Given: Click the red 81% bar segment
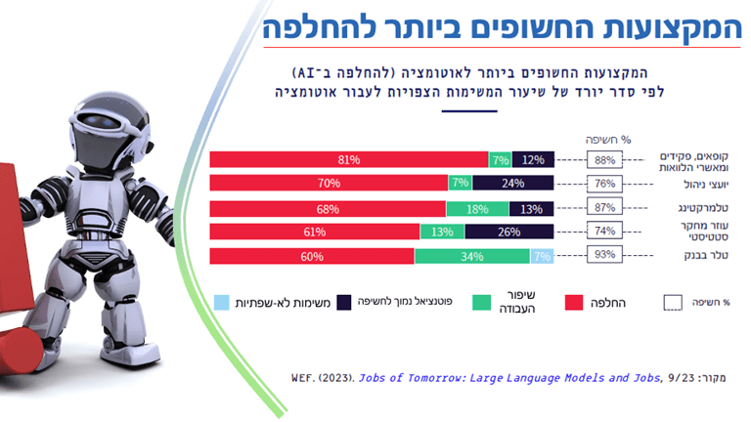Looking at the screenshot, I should [349, 159].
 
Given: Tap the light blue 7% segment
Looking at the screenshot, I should [542, 256].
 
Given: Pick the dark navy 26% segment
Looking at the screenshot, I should [509, 232].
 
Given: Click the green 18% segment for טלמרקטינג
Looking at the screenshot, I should [477, 208].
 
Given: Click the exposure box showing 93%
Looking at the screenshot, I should [603, 256].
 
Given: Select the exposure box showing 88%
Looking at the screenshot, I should [603, 159].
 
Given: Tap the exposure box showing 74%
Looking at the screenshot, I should [603, 232].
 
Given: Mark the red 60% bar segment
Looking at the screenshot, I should [311, 256].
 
